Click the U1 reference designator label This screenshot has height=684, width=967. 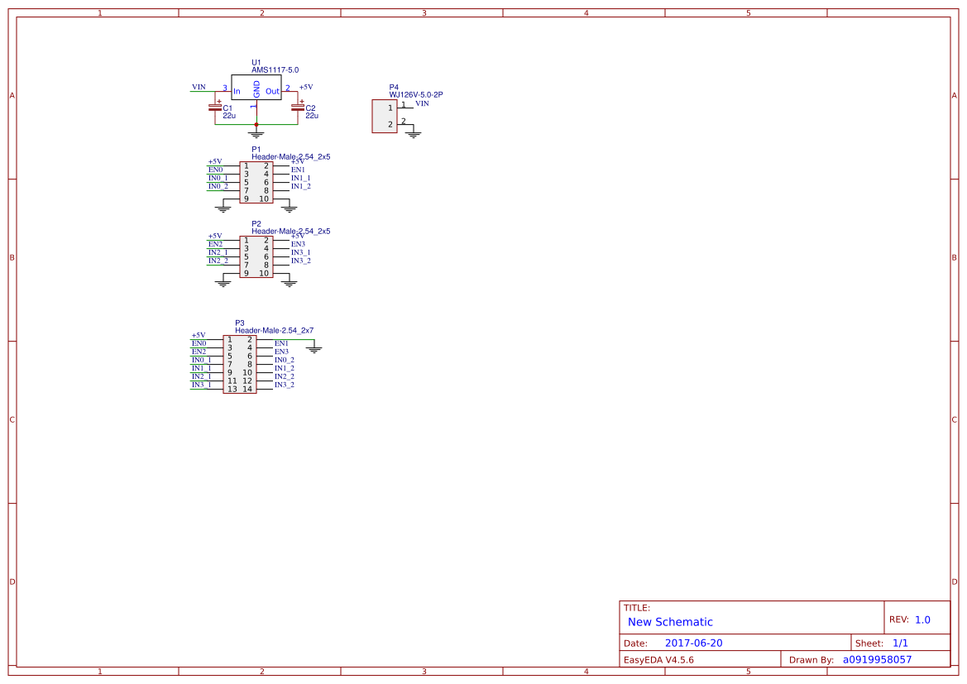click(x=256, y=63)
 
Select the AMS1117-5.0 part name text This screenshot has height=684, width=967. click(x=275, y=70)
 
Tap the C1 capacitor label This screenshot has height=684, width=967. click(x=227, y=108)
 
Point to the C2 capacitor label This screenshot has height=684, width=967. click(x=310, y=108)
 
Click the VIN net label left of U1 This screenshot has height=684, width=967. click(x=199, y=87)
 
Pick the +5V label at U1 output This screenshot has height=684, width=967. click(x=306, y=87)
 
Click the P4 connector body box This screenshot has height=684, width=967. click(x=385, y=116)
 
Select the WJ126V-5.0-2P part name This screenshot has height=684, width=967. click(x=416, y=95)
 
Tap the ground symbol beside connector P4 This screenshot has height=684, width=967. click(x=414, y=132)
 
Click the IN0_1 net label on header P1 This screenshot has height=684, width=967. click(x=218, y=178)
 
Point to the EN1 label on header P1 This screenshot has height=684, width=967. click(x=298, y=170)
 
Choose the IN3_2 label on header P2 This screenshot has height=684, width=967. click(x=300, y=261)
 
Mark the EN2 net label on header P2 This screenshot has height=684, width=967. click(x=215, y=244)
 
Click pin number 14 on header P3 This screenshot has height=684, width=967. click(x=247, y=389)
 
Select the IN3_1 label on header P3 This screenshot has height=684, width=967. click(x=201, y=385)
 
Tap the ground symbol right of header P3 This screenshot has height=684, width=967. click(x=314, y=349)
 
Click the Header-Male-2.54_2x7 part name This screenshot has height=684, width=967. click(x=274, y=330)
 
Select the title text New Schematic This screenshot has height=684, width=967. click(x=670, y=622)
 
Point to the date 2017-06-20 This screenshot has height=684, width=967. click(x=693, y=643)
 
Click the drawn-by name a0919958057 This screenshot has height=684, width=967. click(x=877, y=659)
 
